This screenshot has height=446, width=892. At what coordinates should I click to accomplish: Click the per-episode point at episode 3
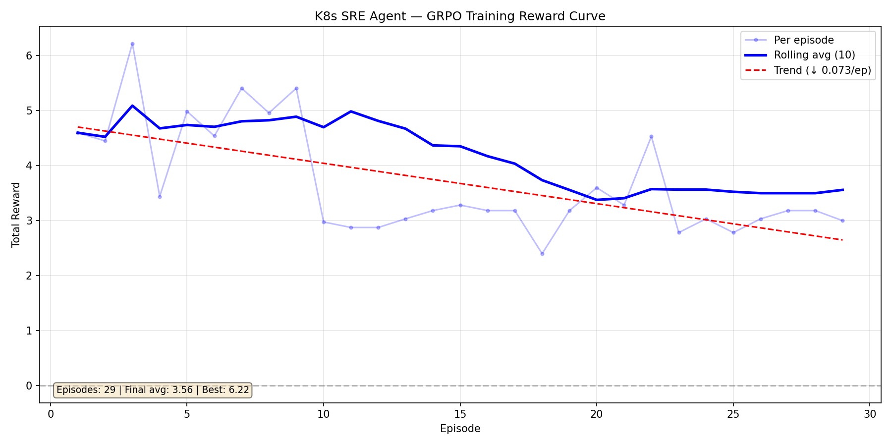tap(132, 44)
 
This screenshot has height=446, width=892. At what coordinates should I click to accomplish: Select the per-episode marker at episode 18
tap(542, 254)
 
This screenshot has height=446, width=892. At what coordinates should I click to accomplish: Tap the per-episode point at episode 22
tap(651, 136)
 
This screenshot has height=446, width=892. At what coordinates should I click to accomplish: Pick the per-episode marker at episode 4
tap(160, 197)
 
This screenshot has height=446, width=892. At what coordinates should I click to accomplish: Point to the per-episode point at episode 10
tap(324, 222)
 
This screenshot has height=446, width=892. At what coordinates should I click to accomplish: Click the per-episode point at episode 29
tap(842, 221)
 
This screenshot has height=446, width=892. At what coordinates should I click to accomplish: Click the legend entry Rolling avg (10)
tap(814, 55)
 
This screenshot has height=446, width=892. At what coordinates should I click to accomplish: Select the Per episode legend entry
tap(804, 40)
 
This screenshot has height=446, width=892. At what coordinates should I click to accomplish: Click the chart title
tap(460, 16)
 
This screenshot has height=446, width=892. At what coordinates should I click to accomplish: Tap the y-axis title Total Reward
tap(16, 215)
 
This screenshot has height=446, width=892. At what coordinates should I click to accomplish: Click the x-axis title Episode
tap(460, 429)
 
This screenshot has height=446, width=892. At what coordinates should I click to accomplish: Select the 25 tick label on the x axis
tap(733, 414)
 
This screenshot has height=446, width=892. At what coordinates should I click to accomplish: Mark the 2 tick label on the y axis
tap(29, 276)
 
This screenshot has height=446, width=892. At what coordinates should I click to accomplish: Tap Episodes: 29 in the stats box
tap(86, 390)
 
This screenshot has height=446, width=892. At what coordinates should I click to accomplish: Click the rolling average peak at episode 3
tap(132, 106)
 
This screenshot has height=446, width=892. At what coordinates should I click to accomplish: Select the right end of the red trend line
tap(842, 240)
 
